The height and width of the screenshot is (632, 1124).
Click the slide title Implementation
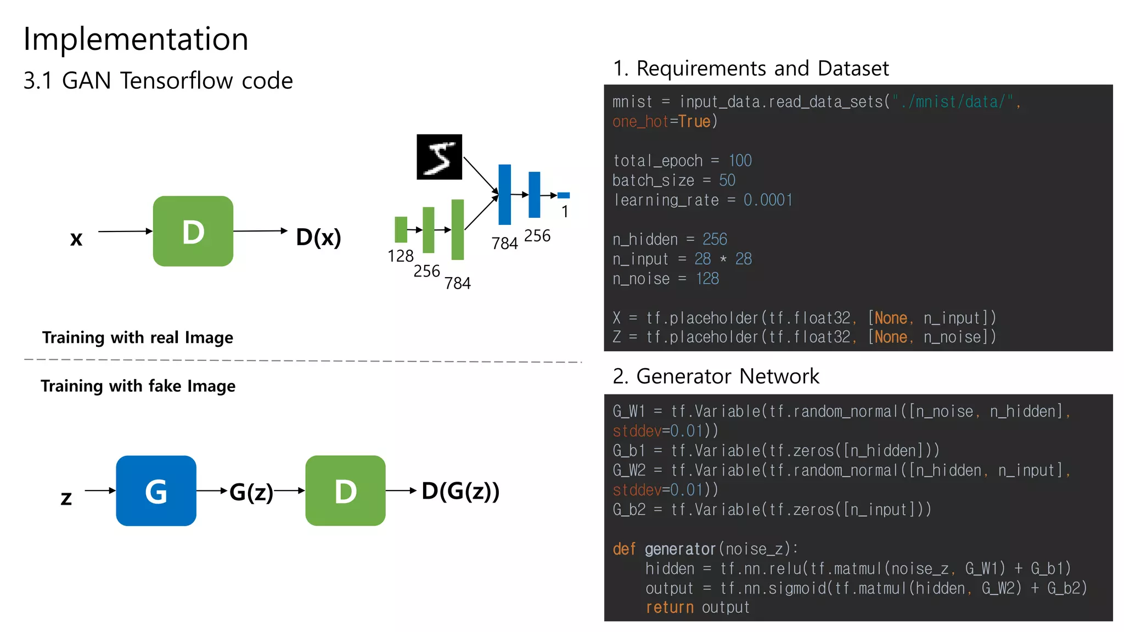(136, 39)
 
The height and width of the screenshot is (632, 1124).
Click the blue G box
(156, 490)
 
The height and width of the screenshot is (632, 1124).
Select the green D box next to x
(193, 231)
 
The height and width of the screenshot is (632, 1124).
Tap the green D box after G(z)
(345, 490)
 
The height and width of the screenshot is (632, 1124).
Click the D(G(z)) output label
(460, 491)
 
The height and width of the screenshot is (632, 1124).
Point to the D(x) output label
(318, 237)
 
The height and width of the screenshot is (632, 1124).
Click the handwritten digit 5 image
(439, 157)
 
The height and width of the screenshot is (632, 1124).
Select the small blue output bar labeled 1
(563, 195)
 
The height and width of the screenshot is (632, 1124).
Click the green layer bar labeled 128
(401, 229)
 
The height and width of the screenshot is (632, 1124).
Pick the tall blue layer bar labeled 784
(504, 194)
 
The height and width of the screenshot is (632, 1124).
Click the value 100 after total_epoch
(740, 161)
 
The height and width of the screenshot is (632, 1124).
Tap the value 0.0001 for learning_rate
(768, 200)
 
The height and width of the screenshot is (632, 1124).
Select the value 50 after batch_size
(727, 180)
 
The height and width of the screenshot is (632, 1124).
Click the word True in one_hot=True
(694, 121)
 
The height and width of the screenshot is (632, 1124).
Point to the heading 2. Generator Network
(716, 376)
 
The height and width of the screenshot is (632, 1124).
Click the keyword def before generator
(624, 549)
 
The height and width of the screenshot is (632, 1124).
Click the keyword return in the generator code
(670, 608)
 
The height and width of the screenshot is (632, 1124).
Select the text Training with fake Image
(138, 386)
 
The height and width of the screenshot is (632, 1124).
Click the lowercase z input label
(66, 498)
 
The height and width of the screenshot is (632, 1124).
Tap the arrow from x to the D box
(125, 232)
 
